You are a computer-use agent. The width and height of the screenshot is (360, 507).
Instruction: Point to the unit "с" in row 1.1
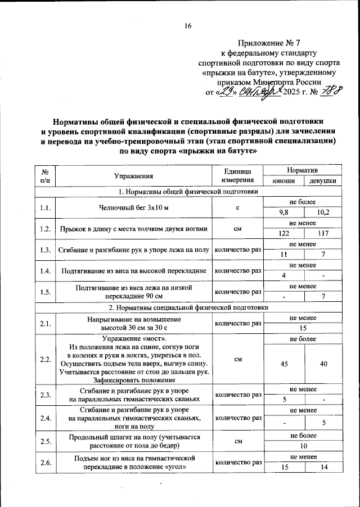click(x=238, y=207)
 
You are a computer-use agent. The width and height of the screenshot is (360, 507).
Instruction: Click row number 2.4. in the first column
click(x=46, y=418)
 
